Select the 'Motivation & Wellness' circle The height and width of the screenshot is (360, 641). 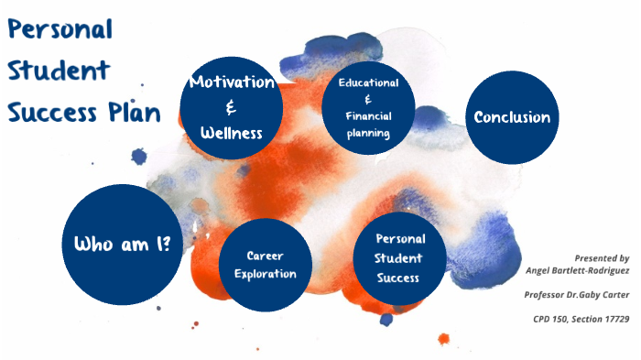[x=231, y=107]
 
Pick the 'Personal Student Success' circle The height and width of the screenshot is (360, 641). [x=399, y=257]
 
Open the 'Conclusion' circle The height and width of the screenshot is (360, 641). [x=512, y=117]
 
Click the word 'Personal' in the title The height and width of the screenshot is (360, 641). [x=60, y=28]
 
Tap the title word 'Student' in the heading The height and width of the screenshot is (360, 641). [x=59, y=70]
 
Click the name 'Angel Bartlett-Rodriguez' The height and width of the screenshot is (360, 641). [x=578, y=270]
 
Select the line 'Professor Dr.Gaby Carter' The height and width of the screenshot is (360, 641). [x=577, y=295]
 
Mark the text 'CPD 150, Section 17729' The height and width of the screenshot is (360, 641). [x=581, y=319]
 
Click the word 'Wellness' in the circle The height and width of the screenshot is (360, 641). [x=232, y=134]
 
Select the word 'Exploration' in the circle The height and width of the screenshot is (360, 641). [x=265, y=274]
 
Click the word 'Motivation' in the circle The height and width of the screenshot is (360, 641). [x=232, y=82]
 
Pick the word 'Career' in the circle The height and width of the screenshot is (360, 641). [x=266, y=256]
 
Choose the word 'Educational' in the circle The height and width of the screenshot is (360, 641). [x=368, y=82]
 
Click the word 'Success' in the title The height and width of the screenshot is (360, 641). [x=50, y=112]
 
